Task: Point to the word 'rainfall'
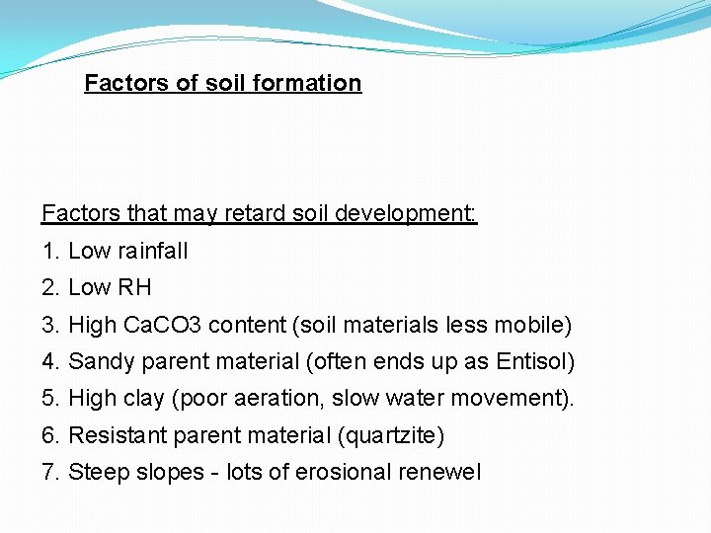point(153,251)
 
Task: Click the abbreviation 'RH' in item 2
point(134,287)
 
